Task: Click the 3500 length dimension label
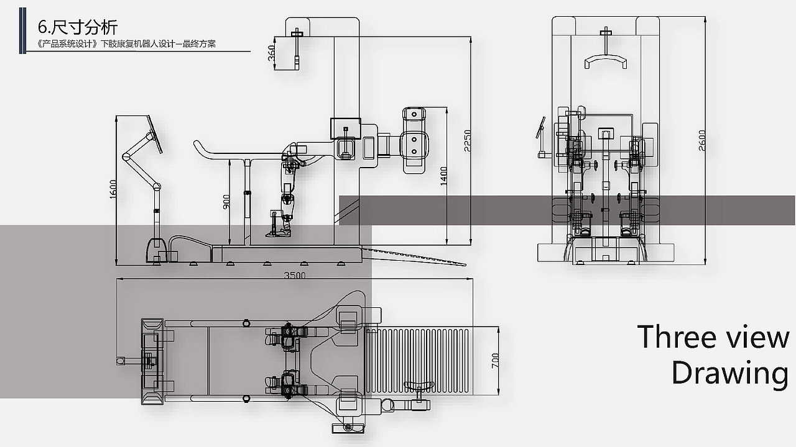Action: click(x=295, y=275)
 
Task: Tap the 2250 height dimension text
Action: click(x=467, y=140)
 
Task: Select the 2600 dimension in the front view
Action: click(x=702, y=140)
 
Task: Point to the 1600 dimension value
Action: click(x=113, y=189)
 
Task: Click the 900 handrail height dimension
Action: click(x=226, y=202)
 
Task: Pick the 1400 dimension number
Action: click(x=443, y=176)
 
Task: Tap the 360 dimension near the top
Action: click(x=271, y=53)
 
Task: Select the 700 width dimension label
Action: click(x=494, y=361)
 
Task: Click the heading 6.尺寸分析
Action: click(x=78, y=27)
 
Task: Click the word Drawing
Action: click(x=730, y=373)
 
